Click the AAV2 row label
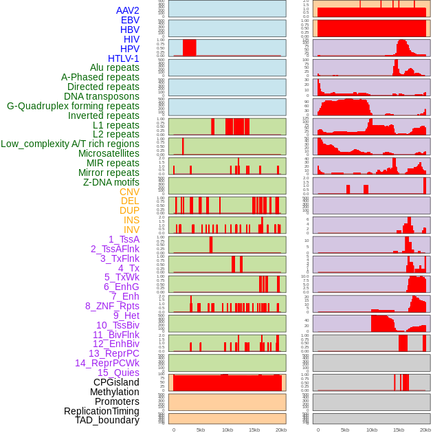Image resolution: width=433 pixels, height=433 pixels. point(127,10)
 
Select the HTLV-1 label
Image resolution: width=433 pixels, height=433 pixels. point(123,58)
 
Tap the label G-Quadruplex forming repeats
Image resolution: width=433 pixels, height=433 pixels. point(73,106)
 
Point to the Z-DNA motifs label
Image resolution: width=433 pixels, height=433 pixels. point(111,182)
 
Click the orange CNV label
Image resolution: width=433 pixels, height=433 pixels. point(129,192)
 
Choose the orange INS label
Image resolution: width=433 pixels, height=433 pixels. point(131,220)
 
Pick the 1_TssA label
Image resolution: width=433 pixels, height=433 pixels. point(124,239)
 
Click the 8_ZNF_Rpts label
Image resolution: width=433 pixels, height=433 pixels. point(112,306)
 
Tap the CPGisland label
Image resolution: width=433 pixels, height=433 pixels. point(116,382)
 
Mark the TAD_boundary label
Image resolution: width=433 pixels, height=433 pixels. point(107,420)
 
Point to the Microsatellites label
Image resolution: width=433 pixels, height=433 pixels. point(109,153)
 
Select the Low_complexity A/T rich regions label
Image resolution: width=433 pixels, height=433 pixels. point(70,144)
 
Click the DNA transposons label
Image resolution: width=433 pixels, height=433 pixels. point(102,96)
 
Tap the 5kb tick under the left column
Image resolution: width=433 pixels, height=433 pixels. point(201,430)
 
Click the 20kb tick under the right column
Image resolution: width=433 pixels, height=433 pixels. point(425,430)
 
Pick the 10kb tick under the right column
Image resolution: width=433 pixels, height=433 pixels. point(372,430)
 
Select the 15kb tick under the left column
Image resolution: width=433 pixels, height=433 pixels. point(254,430)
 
